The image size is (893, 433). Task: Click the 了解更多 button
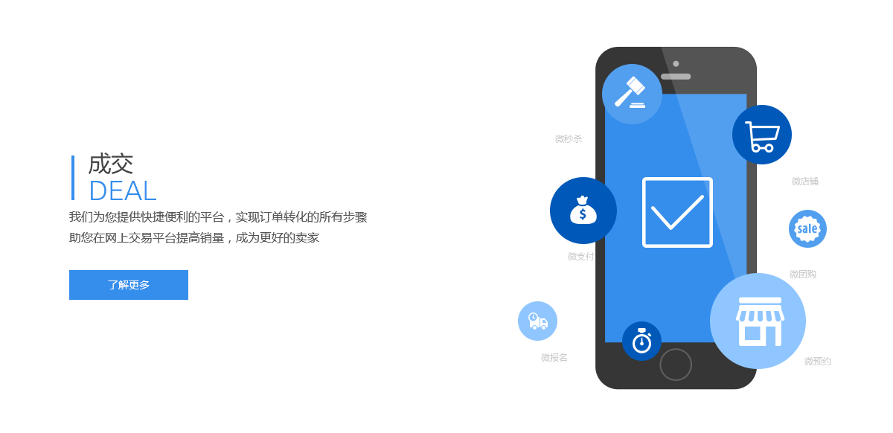(x=128, y=285)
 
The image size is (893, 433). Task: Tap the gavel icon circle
(x=632, y=94)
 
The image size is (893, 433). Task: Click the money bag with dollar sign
(x=583, y=210)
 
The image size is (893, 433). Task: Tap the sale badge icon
(x=807, y=228)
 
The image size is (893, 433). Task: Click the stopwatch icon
(x=641, y=341)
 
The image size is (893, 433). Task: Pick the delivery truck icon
(x=537, y=321)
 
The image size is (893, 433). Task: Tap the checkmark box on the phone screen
(x=677, y=212)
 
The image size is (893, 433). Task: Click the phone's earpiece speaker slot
(x=676, y=76)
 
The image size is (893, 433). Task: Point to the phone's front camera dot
(x=676, y=63)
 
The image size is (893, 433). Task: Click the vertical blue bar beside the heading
(x=72, y=177)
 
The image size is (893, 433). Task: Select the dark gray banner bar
(x=223, y=226)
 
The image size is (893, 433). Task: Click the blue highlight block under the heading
(x=122, y=190)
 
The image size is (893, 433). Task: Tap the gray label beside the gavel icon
(x=569, y=139)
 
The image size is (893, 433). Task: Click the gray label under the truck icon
(x=554, y=358)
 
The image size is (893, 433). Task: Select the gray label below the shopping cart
(x=805, y=182)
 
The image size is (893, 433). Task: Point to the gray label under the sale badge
(x=803, y=275)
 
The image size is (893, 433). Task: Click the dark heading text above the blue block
(x=111, y=164)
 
